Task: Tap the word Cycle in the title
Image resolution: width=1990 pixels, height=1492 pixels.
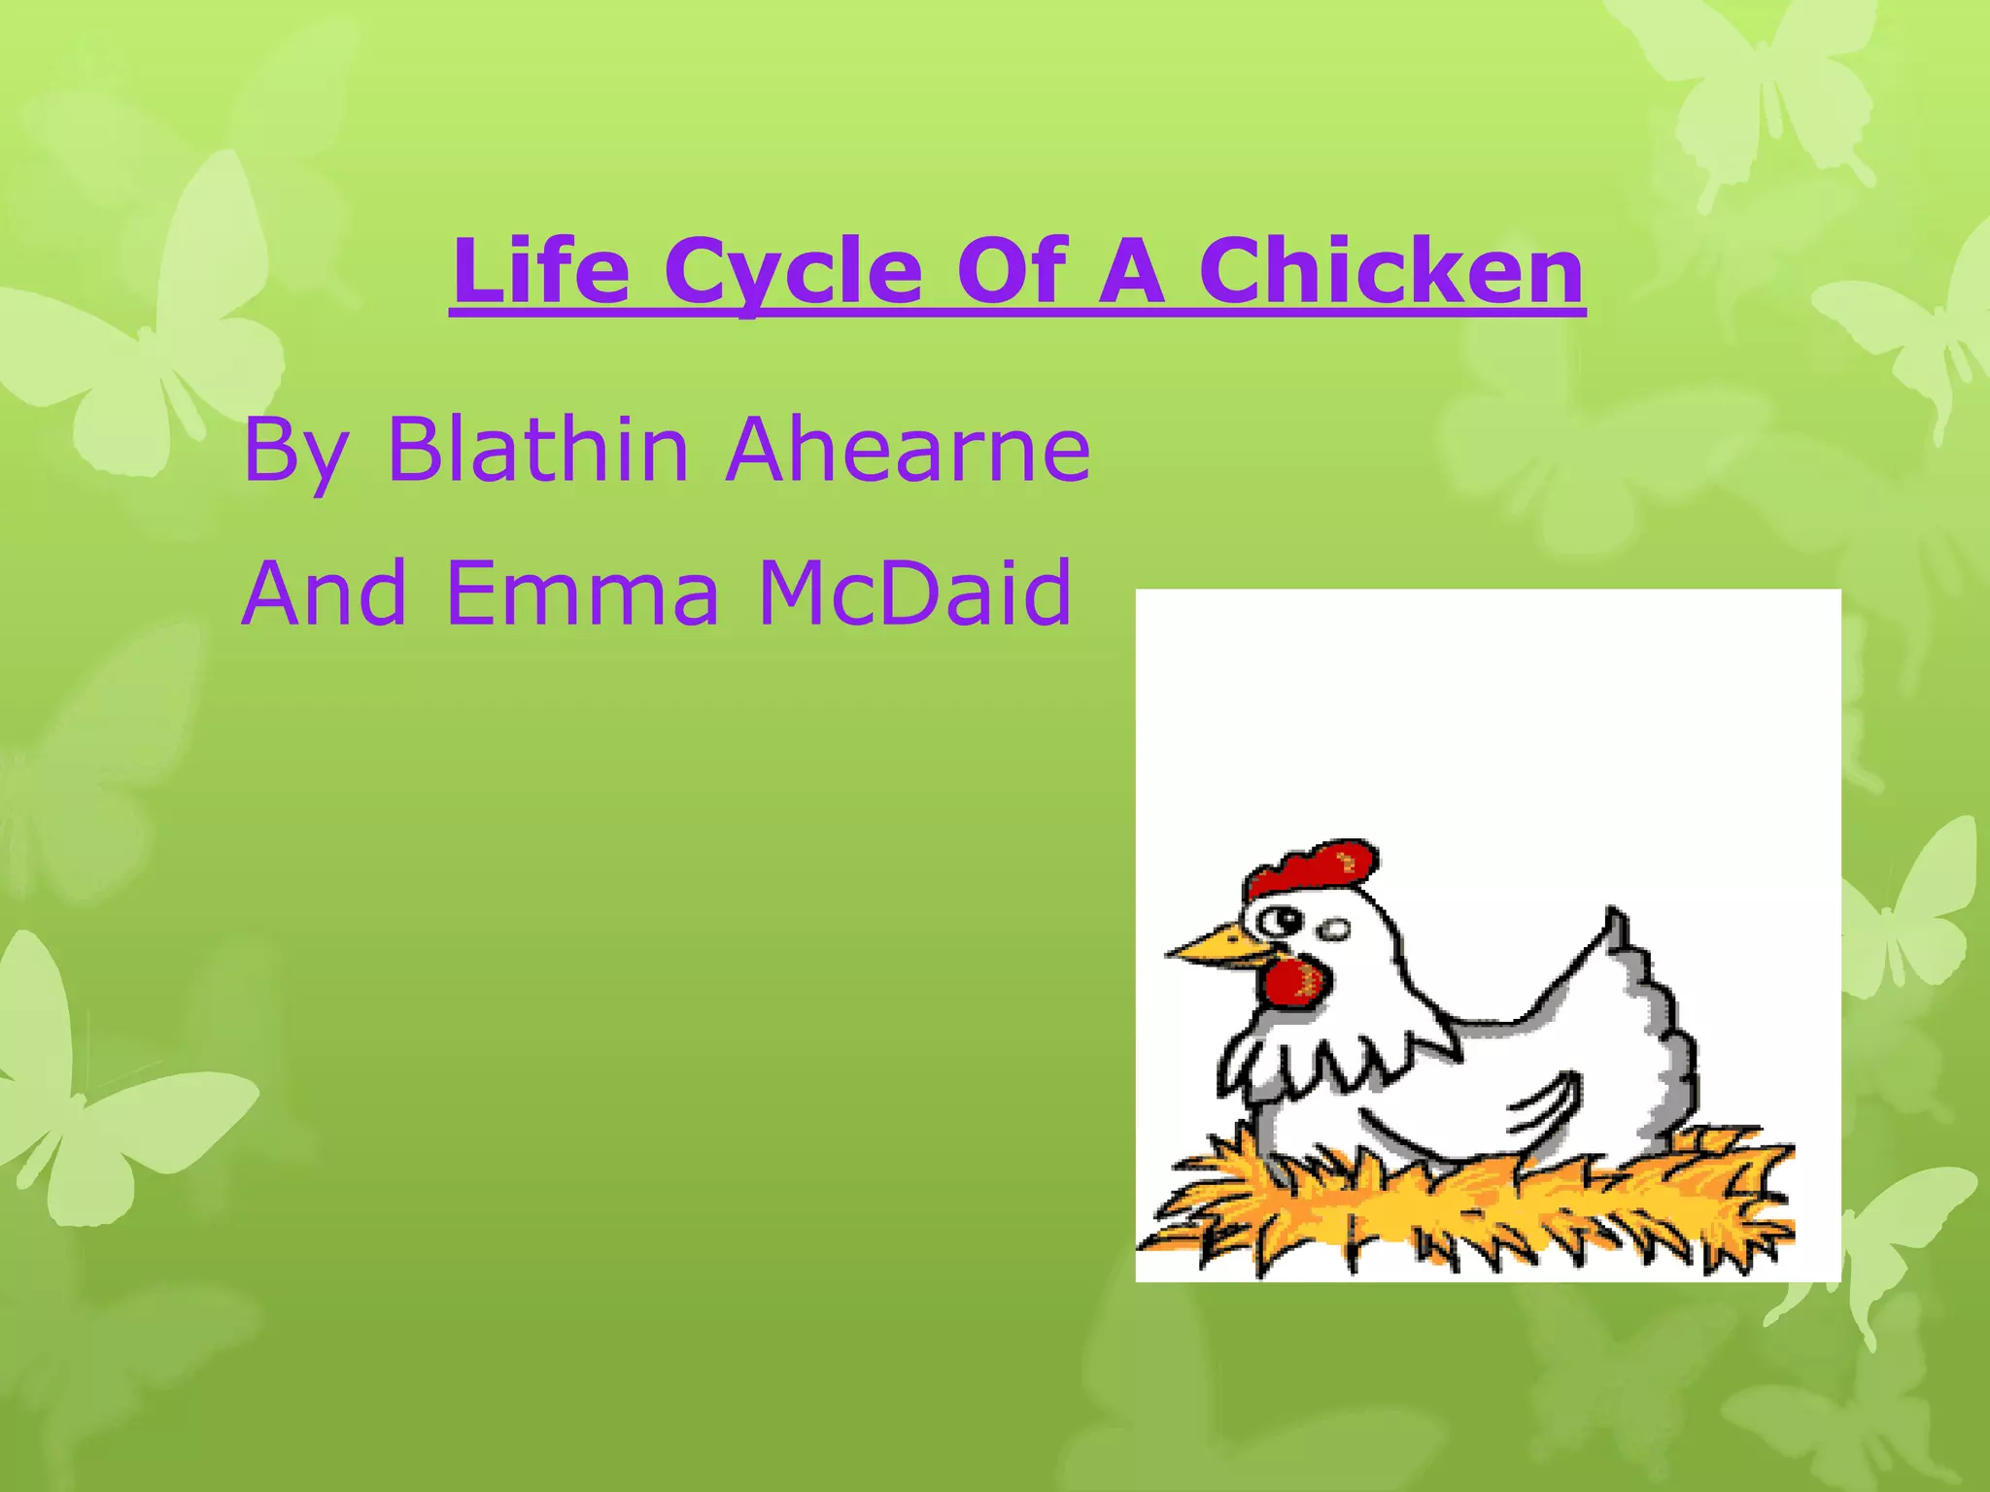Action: tap(793, 272)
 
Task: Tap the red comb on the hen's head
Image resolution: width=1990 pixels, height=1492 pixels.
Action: tap(1312, 867)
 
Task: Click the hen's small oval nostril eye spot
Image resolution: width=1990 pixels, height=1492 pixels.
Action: tap(1335, 931)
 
